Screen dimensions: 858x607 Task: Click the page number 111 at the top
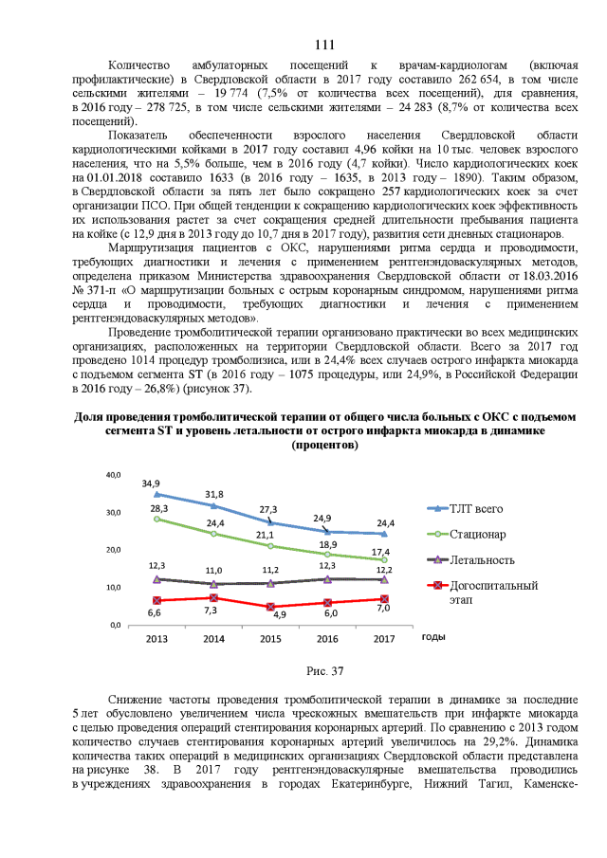(x=323, y=46)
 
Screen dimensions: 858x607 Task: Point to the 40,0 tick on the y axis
(x=112, y=474)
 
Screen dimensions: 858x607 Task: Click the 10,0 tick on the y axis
(x=112, y=588)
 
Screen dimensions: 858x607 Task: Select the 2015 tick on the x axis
(x=271, y=639)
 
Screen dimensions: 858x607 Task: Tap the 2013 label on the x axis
(x=156, y=639)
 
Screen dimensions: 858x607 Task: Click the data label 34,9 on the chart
(x=151, y=484)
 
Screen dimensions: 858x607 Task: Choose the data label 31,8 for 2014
(x=213, y=495)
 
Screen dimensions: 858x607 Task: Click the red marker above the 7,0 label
(x=383, y=599)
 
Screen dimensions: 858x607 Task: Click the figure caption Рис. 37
(x=323, y=671)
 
